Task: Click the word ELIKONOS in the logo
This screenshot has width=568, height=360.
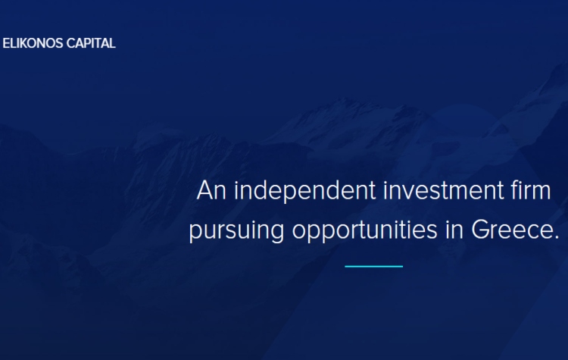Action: click(x=33, y=43)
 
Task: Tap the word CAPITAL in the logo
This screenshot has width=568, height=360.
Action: click(x=91, y=43)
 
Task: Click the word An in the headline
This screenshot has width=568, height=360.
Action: click(x=211, y=190)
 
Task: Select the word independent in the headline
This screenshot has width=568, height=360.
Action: click(x=305, y=191)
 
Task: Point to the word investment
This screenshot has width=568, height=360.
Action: click(x=443, y=190)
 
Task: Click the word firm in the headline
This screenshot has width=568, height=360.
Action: click(x=531, y=189)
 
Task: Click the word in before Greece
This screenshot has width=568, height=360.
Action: click(x=454, y=229)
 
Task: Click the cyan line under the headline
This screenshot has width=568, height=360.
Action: click(x=374, y=267)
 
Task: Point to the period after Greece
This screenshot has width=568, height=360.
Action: click(x=557, y=237)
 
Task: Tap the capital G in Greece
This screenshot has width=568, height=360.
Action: click(x=480, y=230)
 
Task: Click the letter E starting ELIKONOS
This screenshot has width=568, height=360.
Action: click(x=6, y=43)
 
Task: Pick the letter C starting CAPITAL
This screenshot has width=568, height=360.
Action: click(x=70, y=43)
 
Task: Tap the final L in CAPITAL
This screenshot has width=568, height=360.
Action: click(x=112, y=43)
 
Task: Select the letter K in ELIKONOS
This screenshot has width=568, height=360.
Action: click(x=22, y=43)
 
